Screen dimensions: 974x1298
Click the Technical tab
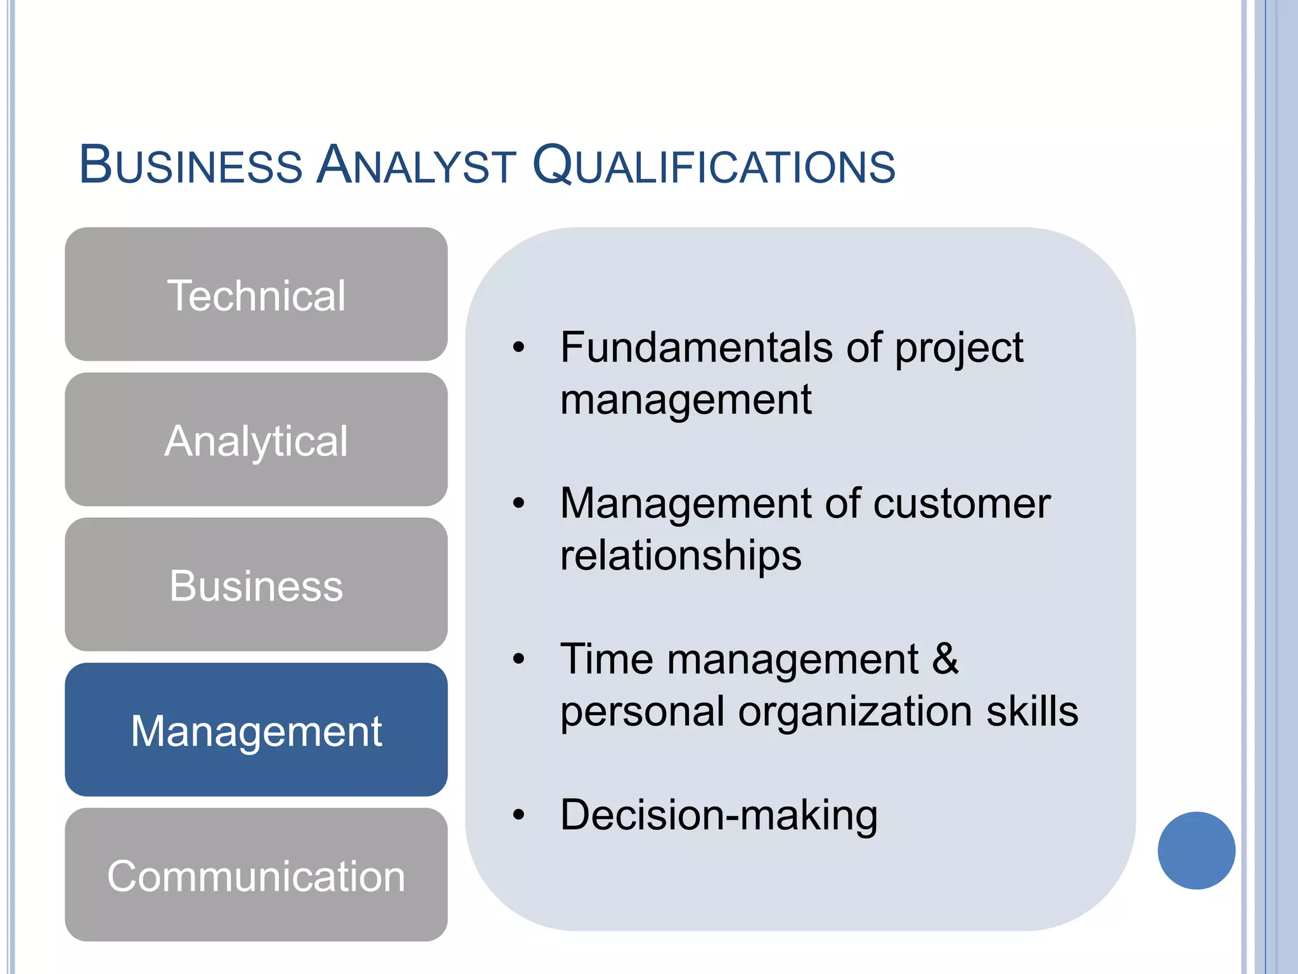point(256,295)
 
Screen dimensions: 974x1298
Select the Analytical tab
point(256,440)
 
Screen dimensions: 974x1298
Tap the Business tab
point(256,585)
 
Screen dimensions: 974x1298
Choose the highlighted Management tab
point(256,730)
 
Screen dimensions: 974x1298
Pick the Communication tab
point(256,875)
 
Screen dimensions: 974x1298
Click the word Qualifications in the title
point(714,166)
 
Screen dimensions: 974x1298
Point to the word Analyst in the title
point(416,166)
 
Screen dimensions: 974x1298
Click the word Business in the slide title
point(191,166)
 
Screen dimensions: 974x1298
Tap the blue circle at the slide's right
point(1196,850)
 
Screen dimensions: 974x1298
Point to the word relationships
point(681,555)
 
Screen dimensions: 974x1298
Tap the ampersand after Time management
point(945,659)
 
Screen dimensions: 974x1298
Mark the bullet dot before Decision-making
point(519,815)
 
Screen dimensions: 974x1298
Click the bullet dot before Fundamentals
point(519,347)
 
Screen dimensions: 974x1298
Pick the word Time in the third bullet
point(607,659)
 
